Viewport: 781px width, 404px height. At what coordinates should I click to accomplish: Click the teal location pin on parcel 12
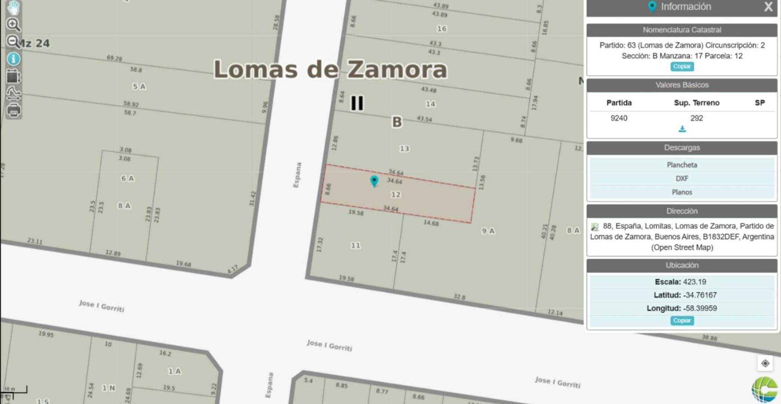374,181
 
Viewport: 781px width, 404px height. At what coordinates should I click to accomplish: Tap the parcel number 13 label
404,149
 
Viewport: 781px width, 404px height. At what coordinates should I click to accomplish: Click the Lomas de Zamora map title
330,70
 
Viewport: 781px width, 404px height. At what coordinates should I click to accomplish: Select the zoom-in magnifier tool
13,25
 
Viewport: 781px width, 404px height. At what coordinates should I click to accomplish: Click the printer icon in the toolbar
14,110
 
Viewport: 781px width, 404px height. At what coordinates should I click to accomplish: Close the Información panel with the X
768,7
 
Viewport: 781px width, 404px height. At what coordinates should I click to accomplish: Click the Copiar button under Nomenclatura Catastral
682,66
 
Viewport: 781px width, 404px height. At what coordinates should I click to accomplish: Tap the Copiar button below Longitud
682,321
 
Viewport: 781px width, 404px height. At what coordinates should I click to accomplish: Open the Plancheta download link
682,165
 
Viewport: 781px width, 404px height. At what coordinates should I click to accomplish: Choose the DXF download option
682,178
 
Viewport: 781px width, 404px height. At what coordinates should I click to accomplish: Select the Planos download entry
682,192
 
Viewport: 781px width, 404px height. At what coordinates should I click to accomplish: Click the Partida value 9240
619,118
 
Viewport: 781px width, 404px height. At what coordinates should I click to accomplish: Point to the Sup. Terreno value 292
696,118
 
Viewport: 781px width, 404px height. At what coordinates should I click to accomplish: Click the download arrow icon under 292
682,129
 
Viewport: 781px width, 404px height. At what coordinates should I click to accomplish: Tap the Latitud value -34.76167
699,295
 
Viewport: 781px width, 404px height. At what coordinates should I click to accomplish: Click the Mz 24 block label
34,43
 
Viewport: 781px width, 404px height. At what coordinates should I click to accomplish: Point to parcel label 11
355,245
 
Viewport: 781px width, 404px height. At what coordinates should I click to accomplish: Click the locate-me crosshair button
765,363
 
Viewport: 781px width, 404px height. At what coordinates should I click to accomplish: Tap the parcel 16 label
442,29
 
